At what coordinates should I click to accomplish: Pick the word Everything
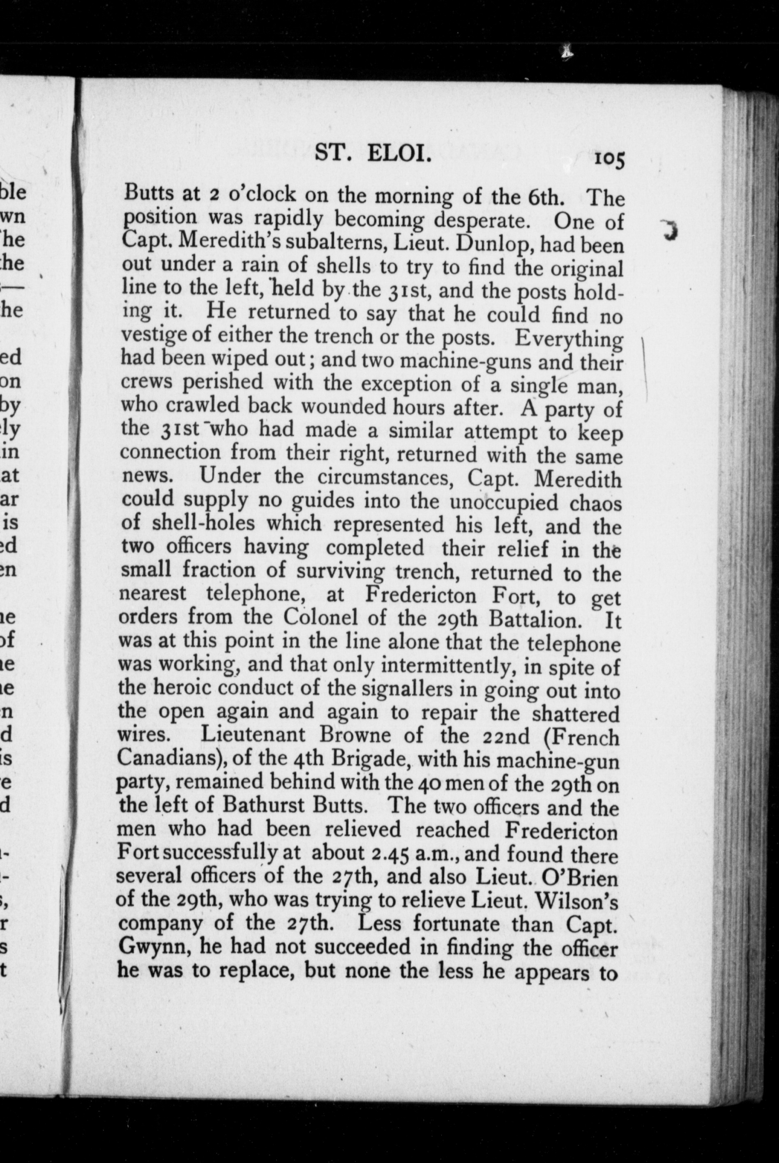tap(569, 340)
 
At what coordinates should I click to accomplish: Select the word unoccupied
tap(504, 502)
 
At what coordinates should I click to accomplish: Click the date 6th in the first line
tap(545, 198)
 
